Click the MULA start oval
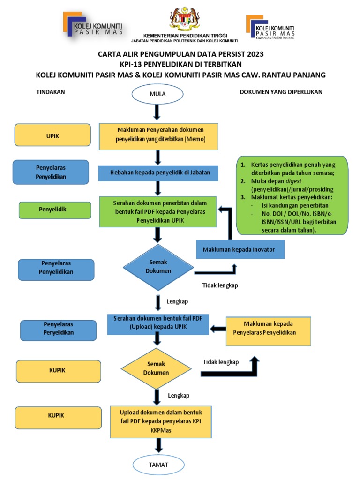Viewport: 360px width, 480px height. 158,94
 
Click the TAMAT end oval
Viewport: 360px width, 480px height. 158,465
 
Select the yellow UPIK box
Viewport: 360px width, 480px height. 53,135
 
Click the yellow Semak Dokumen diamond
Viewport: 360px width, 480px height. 156,368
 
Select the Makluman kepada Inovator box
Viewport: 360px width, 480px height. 240,249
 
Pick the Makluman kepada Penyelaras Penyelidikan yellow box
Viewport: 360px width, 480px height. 269,328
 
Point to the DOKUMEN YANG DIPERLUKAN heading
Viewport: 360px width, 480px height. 281,92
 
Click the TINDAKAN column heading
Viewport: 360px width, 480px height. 51,92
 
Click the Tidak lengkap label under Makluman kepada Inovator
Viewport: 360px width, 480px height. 220,285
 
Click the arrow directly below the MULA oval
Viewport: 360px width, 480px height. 158,112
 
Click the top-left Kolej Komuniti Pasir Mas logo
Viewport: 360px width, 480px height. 93,24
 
